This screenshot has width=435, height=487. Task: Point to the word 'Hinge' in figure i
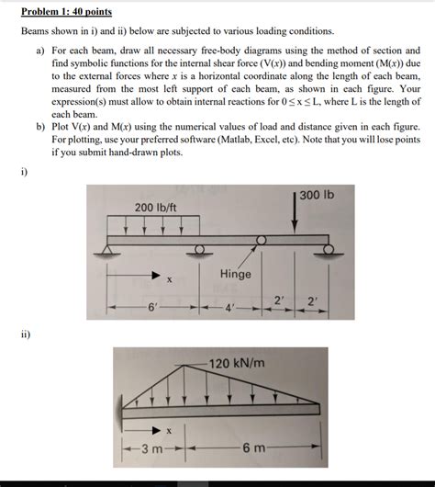tap(236, 275)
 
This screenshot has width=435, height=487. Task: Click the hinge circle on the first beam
tap(261, 241)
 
